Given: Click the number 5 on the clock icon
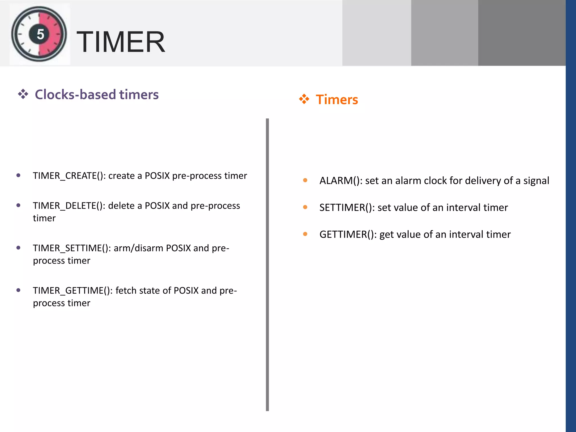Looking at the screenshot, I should click(x=40, y=34).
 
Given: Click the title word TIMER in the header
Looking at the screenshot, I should click(x=121, y=42).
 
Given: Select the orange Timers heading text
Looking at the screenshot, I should click(x=337, y=100).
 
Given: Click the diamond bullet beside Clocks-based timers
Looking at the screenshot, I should click(x=23, y=94).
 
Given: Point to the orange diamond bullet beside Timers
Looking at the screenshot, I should click(x=304, y=99).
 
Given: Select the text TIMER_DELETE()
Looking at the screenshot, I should click(x=69, y=206).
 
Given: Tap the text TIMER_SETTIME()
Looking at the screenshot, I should click(x=72, y=248).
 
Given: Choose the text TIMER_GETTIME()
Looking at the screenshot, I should click(x=73, y=291).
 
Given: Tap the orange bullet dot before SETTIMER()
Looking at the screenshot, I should click(x=305, y=207).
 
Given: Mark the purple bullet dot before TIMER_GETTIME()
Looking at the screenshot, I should click(x=19, y=290).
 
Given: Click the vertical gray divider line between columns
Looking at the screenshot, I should click(x=267, y=264).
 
